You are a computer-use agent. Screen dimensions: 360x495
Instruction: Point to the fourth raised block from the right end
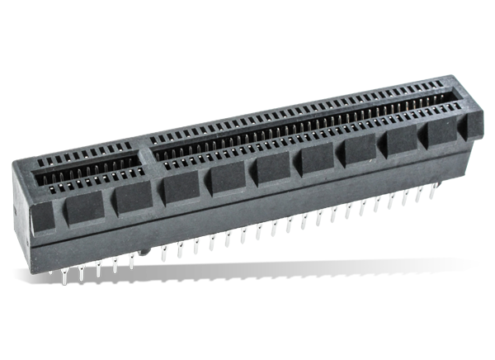point(361,149)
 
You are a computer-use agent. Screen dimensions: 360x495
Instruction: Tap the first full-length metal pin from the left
point(66,272)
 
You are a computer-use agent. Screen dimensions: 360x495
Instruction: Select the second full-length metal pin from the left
point(82,271)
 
